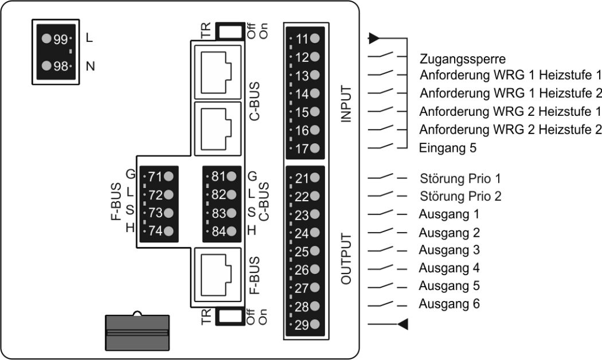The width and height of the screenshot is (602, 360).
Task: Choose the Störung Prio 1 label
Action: coord(463,178)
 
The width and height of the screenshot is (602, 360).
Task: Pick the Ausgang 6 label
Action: coord(449,303)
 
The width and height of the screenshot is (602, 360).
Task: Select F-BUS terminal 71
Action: coord(161,177)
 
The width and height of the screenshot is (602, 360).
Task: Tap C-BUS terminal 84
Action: coord(224,232)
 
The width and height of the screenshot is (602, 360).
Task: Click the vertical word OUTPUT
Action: coord(346,259)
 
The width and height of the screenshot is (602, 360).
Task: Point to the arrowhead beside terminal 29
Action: coord(403,325)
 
